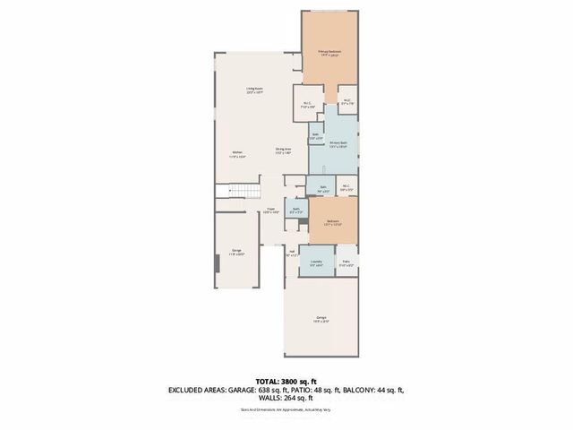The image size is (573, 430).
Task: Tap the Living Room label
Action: (255, 90)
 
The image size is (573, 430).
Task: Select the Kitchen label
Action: (237, 155)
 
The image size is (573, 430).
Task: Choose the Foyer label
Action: (270, 211)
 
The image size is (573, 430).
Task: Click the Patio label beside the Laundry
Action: (346, 264)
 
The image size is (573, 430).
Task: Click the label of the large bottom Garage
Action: (321, 318)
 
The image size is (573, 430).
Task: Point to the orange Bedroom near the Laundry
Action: (332, 223)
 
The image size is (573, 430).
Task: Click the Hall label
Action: (292, 254)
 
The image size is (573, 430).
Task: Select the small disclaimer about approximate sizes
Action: (286, 411)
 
